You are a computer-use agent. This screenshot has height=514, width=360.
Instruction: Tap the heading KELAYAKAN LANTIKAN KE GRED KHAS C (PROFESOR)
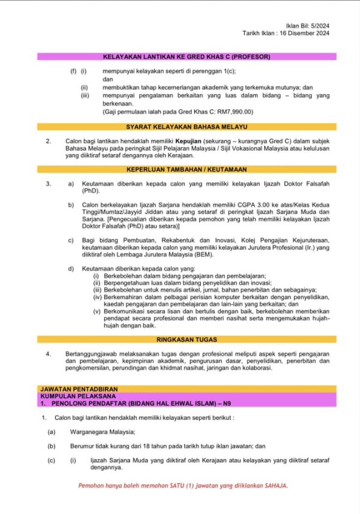[187, 57]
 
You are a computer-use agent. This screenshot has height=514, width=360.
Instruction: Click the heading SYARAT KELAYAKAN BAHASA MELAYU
[187, 127]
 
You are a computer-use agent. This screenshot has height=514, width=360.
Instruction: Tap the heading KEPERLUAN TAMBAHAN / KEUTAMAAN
[187, 170]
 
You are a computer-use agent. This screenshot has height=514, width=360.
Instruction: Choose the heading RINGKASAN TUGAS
[187, 339]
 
